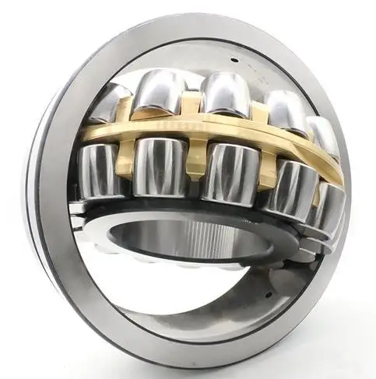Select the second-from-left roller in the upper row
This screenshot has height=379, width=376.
pyautogui.click(x=162, y=91)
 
